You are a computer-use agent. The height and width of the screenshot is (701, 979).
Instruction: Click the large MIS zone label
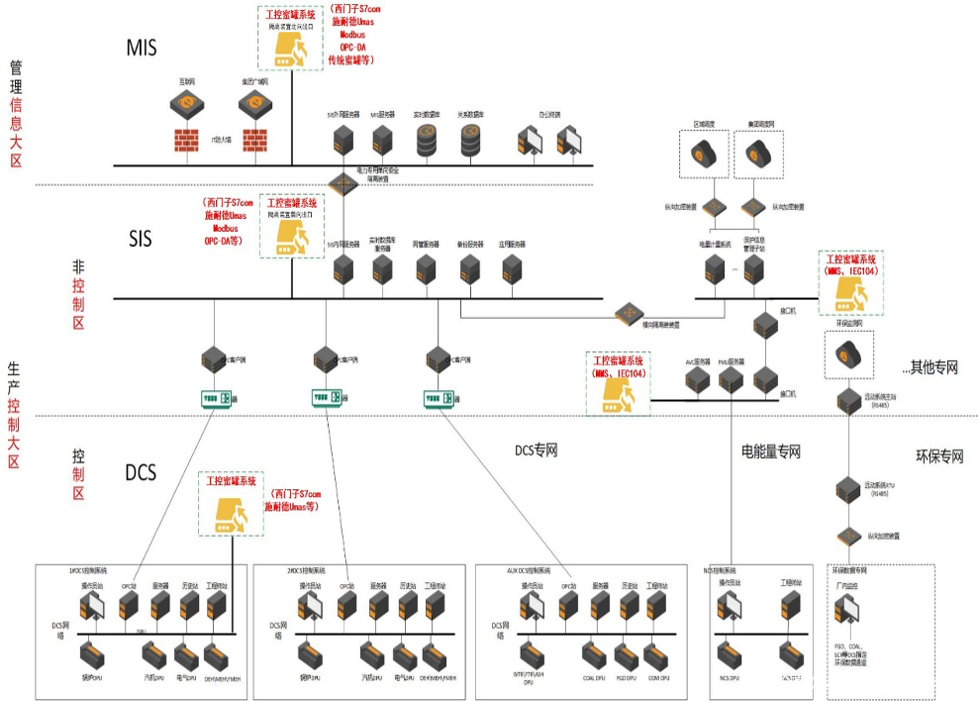pyautogui.click(x=143, y=48)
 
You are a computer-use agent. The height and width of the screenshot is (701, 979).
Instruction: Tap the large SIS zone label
pyautogui.click(x=141, y=239)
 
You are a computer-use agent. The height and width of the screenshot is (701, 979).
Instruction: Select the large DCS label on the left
pyautogui.click(x=141, y=472)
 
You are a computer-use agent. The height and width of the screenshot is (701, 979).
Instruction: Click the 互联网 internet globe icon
pyautogui.click(x=186, y=102)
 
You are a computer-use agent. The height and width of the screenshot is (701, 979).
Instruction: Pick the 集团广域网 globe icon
pyautogui.click(x=254, y=102)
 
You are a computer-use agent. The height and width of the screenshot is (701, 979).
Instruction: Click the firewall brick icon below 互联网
pyautogui.click(x=186, y=141)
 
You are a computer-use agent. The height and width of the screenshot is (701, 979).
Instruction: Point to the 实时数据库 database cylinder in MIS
pyautogui.click(x=428, y=142)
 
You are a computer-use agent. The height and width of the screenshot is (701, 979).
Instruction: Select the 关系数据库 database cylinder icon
pyautogui.click(x=471, y=142)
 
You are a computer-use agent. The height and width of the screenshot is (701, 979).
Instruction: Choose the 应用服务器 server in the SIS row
pyautogui.click(x=512, y=267)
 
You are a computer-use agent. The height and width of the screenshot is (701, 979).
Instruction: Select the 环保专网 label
pyautogui.click(x=939, y=456)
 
